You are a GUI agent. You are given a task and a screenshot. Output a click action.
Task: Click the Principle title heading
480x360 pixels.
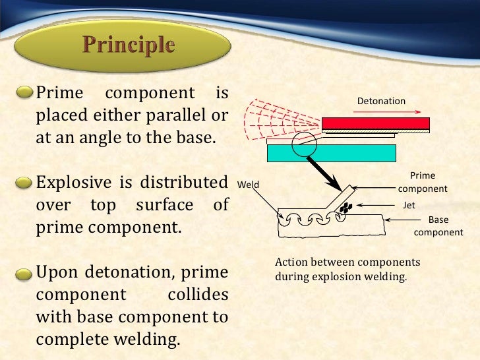[129, 46]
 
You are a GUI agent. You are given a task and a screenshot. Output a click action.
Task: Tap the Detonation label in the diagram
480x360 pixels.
[381, 102]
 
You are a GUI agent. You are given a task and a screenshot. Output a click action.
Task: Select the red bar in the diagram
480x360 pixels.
[376, 123]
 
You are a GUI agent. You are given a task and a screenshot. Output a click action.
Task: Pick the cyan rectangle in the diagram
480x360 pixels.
[331, 153]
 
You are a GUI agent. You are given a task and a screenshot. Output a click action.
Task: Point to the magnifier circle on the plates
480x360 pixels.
[305, 142]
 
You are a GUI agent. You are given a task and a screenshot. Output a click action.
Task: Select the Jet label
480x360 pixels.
[409, 205]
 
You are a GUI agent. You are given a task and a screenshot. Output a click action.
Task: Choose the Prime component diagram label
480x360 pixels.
[423, 183]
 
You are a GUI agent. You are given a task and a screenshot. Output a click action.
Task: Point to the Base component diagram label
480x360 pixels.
[438, 225]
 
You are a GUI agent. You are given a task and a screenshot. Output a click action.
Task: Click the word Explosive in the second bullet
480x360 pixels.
[73, 182]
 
